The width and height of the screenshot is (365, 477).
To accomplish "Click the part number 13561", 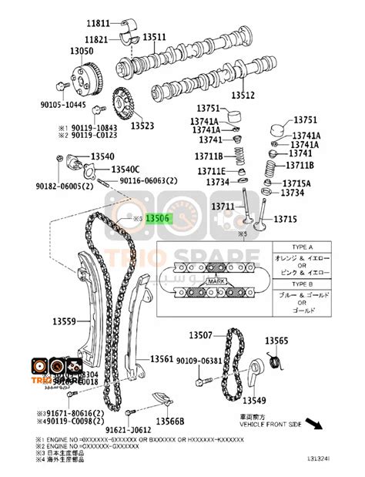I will point(162,359).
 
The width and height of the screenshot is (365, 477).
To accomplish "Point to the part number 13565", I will point(276,341).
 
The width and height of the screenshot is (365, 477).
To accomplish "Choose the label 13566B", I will point(169,422).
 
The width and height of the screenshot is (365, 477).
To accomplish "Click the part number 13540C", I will point(125,169).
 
